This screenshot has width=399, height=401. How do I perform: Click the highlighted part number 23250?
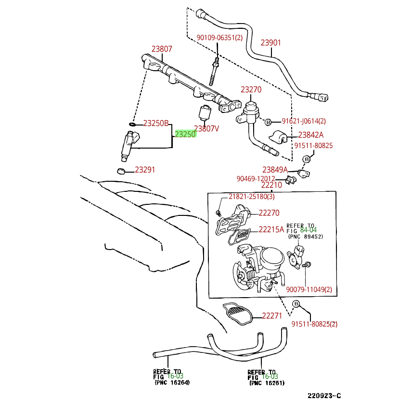pos(185,135)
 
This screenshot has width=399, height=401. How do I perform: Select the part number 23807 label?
pos(162,49)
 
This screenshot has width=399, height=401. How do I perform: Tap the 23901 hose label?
pos(270,43)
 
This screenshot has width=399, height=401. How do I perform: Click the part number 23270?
pos(251,90)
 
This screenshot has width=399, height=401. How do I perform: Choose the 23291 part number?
pos(145,170)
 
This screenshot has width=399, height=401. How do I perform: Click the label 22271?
pos(272,316)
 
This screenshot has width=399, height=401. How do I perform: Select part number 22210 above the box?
pos(271,185)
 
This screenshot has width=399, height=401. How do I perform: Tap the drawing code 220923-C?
pos(324,395)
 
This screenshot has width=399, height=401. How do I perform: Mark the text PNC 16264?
pos(172,383)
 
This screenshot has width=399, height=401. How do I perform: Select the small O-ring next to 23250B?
pos(133,124)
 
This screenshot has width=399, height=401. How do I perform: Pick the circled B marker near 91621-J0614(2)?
pos(269,122)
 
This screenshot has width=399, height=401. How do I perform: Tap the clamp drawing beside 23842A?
pos(280,137)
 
